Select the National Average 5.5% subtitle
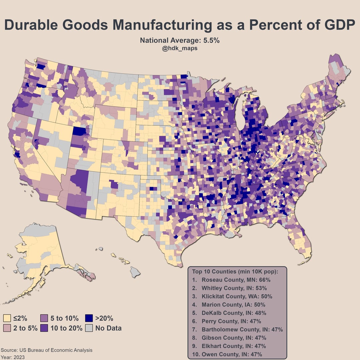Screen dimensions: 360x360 [x=180, y=41]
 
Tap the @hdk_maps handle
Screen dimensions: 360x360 [x=180, y=48]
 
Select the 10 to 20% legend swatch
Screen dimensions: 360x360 [x=45, y=328]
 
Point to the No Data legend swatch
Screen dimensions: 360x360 [x=89, y=328]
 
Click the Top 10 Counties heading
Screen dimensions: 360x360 [x=235, y=271]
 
